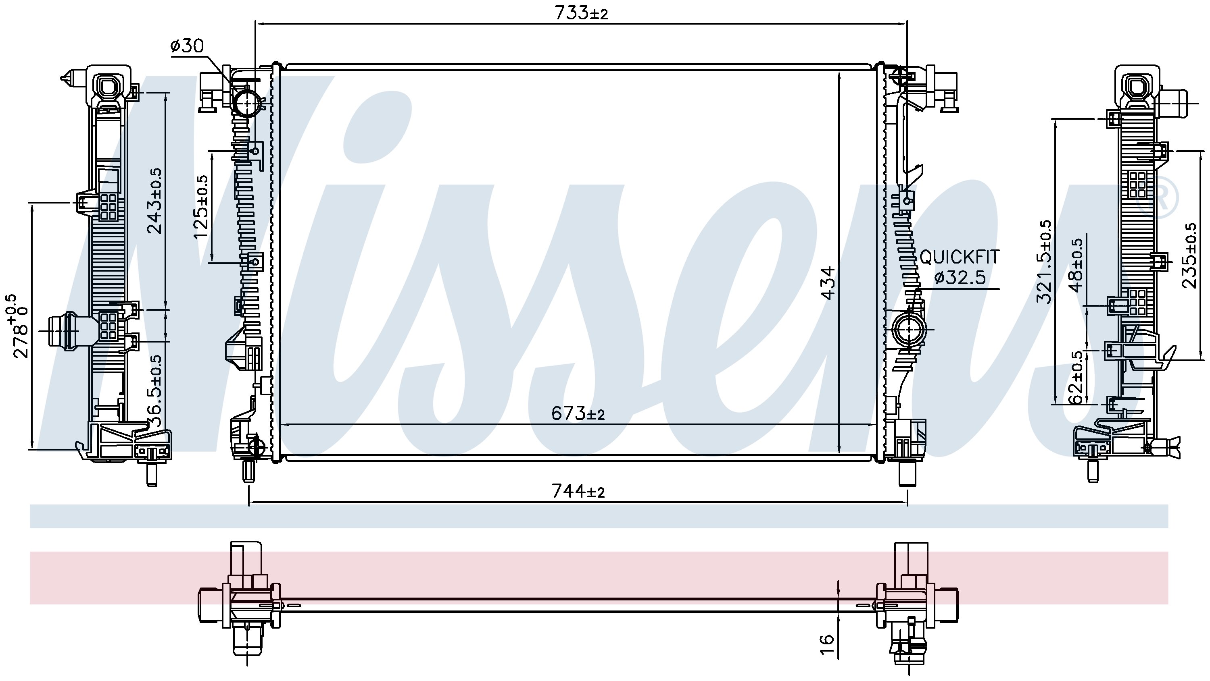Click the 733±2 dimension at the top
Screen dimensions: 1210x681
581,12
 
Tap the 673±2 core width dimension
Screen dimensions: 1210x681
578,413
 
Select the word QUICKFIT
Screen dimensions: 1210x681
959,257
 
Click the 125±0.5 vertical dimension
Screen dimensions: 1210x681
200,207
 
